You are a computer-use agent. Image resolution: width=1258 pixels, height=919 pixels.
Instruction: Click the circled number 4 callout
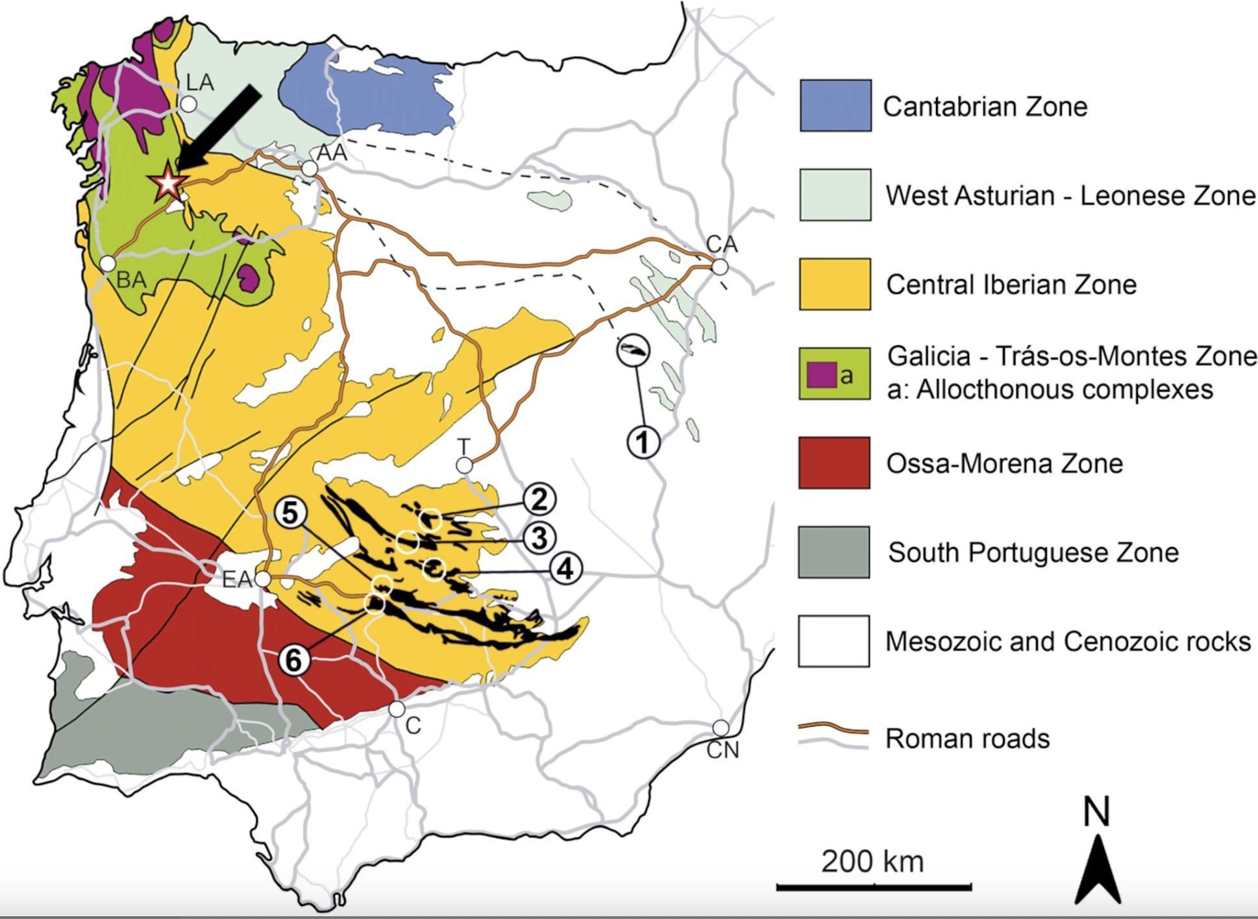click(x=566, y=569)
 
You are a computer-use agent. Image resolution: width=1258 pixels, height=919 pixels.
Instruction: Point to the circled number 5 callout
click(x=290, y=513)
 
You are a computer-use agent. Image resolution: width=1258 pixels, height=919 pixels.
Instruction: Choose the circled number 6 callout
click(x=294, y=661)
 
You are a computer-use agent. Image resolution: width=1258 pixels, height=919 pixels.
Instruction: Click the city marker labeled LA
click(x=188, y=104)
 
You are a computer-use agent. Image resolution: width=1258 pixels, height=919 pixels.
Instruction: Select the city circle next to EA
click(x=262, y=578)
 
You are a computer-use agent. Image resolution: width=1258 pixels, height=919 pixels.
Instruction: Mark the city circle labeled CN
click(x=721, y=727)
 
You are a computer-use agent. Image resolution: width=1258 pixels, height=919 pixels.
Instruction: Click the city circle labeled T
click(x=464, y=465)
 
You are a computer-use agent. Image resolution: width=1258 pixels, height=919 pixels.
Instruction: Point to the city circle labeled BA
click(x=108, y=263)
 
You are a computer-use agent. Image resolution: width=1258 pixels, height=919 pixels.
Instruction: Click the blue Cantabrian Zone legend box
click(x=835, y=106)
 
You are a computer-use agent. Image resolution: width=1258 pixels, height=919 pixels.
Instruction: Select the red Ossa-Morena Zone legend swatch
click(x=834, y=463)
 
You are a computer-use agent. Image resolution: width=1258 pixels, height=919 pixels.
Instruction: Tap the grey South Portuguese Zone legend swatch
click(x=834, y=552)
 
